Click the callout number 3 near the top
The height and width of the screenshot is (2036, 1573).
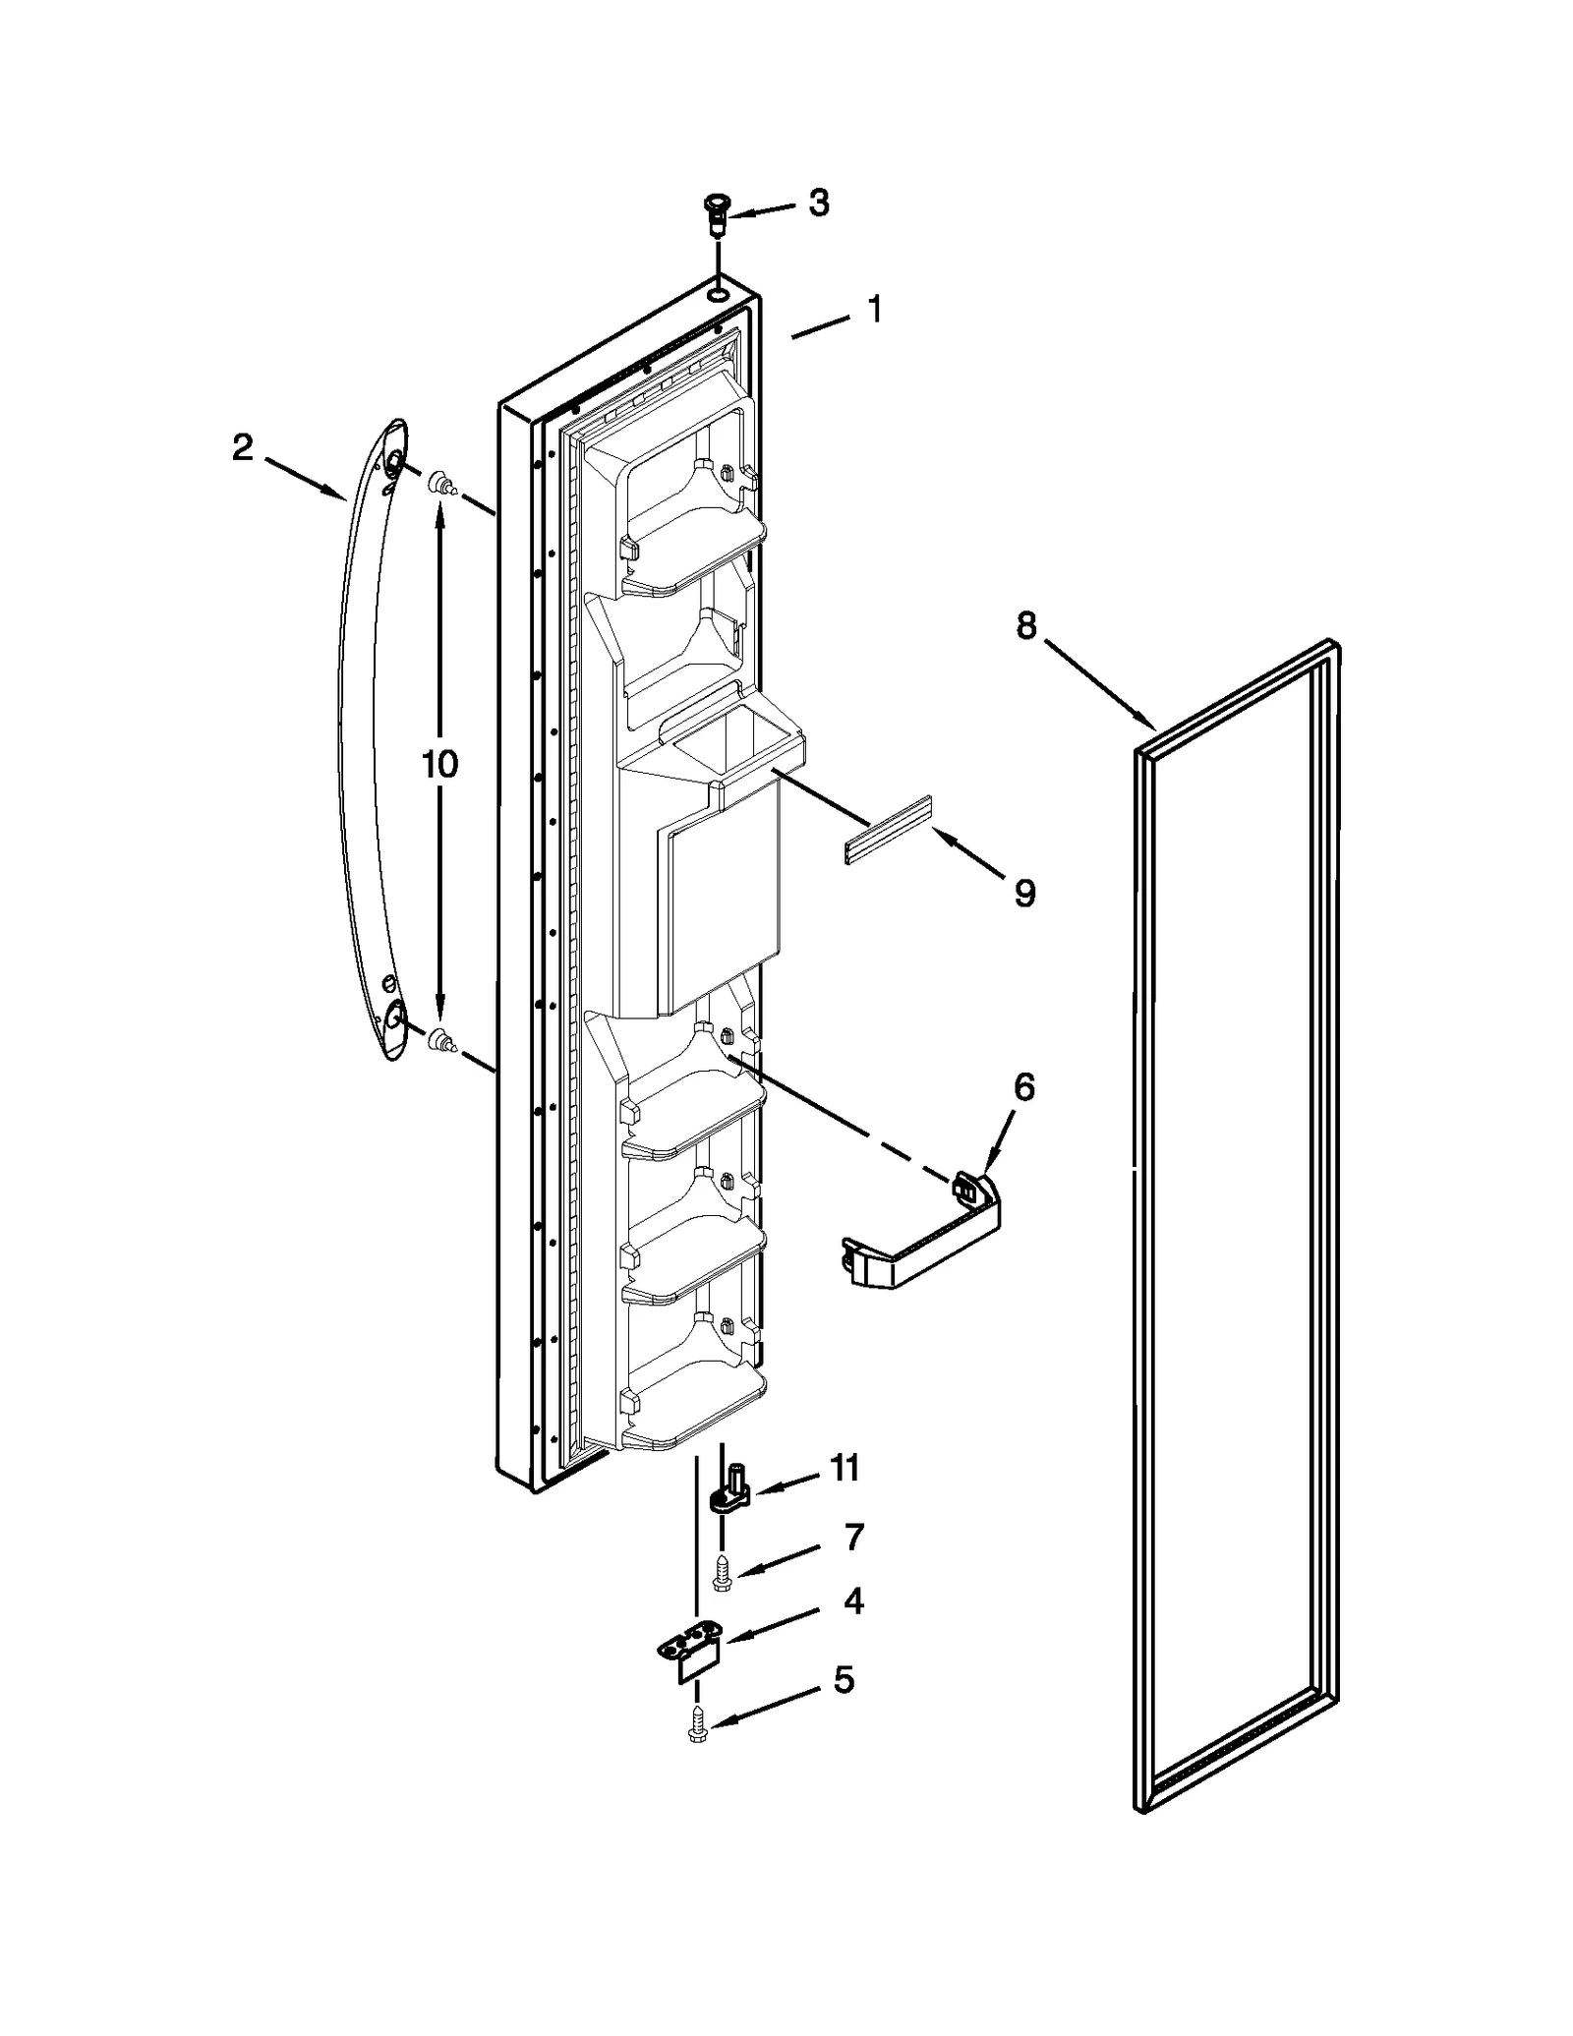point(818,204)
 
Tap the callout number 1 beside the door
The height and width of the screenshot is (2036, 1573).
point(874,310)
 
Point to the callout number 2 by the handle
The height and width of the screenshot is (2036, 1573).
point(243,449)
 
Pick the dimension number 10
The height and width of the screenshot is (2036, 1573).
point(439,764)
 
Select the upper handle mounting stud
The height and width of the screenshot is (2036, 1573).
point(442,484)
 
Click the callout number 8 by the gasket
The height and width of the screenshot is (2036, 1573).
point(1025,626)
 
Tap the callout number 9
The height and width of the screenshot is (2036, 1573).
point(1024,893)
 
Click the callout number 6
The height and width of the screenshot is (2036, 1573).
point(1024,1087)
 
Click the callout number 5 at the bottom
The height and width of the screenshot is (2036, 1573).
point(844,1708)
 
